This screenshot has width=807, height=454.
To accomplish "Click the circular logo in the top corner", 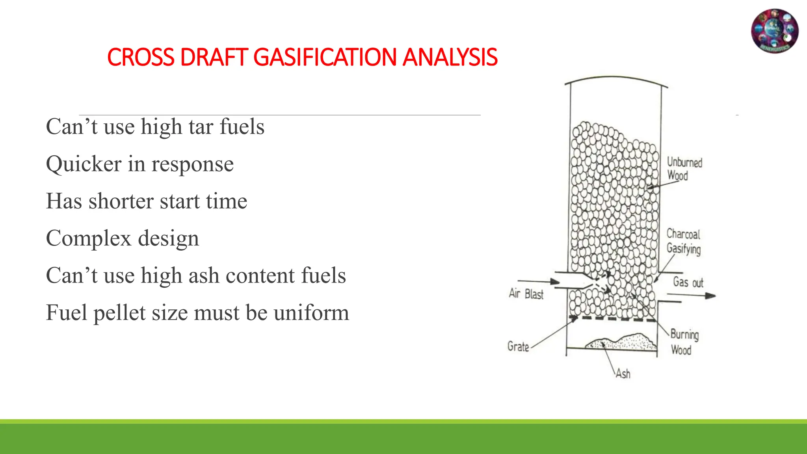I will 775,31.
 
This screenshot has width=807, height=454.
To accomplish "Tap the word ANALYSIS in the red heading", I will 450,57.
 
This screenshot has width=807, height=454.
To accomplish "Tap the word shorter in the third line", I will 121,201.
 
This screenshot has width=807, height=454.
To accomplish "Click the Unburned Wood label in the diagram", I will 684,169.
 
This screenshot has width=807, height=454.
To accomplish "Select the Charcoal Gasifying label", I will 683,241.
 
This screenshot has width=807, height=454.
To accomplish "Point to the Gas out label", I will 688,282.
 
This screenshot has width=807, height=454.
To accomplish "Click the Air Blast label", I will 526,294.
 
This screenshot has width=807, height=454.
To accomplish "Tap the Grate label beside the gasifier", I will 518,346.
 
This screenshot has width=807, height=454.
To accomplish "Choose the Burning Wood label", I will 684,342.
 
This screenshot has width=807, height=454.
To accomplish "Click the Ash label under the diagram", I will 623,373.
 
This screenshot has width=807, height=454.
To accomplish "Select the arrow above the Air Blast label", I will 538,281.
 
